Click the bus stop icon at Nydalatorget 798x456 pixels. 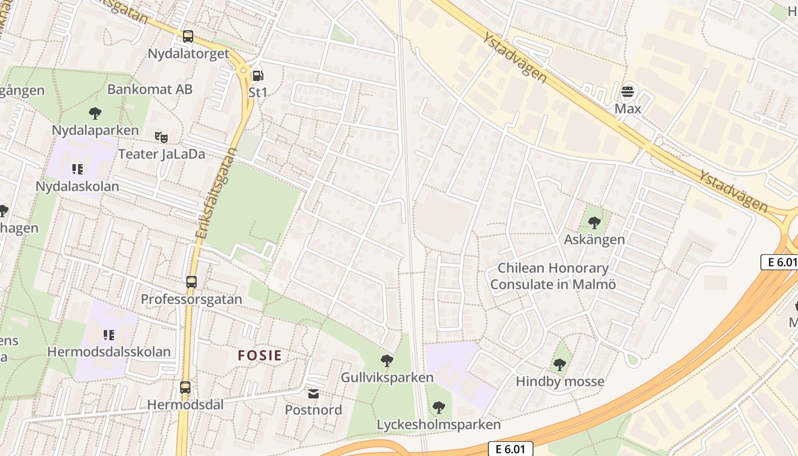click(188, 37)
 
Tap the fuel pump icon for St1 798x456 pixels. click(258, 75)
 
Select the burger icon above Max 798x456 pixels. click(628, 91)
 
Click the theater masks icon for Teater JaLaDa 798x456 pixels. click(161, 137)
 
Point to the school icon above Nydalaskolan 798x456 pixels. click(78, 169)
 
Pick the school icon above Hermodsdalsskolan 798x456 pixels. click(108, 335)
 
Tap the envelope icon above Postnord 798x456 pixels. click(313, 393)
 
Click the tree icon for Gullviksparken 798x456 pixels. click(387, 360)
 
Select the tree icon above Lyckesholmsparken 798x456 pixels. click(438, 407)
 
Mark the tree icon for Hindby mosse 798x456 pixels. click(560, 364)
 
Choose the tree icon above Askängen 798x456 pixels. click(595, 223)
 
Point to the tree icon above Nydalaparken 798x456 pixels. click(95, 113)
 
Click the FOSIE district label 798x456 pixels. click(260, 356)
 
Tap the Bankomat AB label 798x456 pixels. click(150, 89)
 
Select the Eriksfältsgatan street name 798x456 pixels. click(215, 194)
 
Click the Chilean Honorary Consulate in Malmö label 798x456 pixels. click(553, 276)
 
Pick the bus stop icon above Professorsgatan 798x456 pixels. click(192, 282)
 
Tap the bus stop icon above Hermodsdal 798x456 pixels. click(185, 388)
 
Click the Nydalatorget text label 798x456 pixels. click(188, 54)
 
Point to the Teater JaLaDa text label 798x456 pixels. click(161, 154)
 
